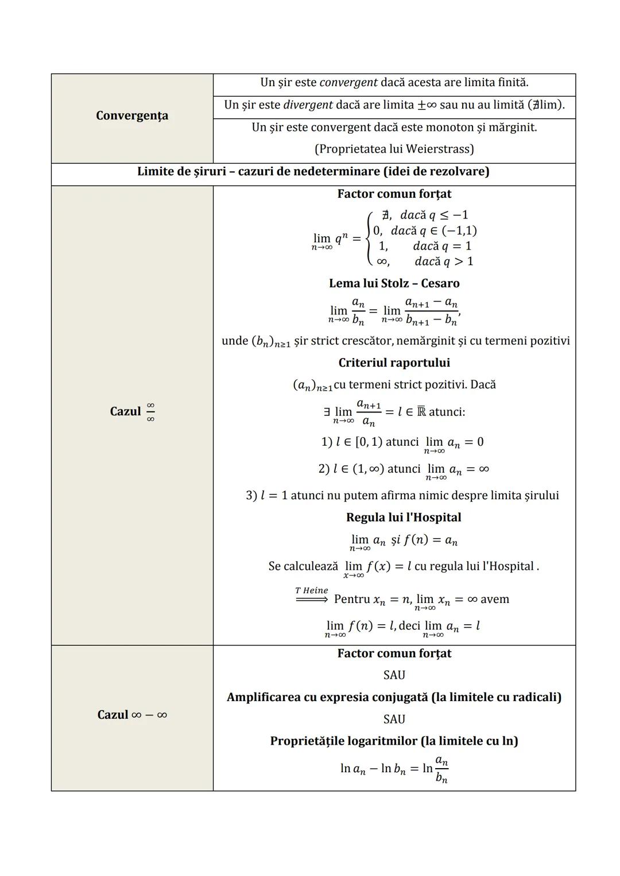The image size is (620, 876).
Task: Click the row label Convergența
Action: [x=132, y=116]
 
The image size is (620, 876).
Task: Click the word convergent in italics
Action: [x=348, y=83]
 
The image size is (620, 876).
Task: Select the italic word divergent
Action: [x=308, y=105]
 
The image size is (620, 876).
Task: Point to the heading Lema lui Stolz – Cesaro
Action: [x=394, y=283]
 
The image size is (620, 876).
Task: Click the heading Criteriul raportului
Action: [x=394, y=363]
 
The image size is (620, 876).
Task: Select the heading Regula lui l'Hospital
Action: [x=403, y=517]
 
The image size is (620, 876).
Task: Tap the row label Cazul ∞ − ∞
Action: [x=132, y=715]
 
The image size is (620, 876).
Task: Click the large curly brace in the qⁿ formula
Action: [x=368, y=238]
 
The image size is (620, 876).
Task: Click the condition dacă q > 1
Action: [x=444, y=262]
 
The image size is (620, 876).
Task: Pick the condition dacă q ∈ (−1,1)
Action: [x=433, y=231]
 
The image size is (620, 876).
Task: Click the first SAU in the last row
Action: [x=394, y=675]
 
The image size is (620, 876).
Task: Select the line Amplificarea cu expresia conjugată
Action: [x=394, y=697]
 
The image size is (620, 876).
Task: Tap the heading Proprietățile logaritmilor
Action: [x=394, y=741]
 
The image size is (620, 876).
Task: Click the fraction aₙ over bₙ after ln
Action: [x=441, y=769]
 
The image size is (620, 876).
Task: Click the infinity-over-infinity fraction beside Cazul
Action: [x=150, y=412]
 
